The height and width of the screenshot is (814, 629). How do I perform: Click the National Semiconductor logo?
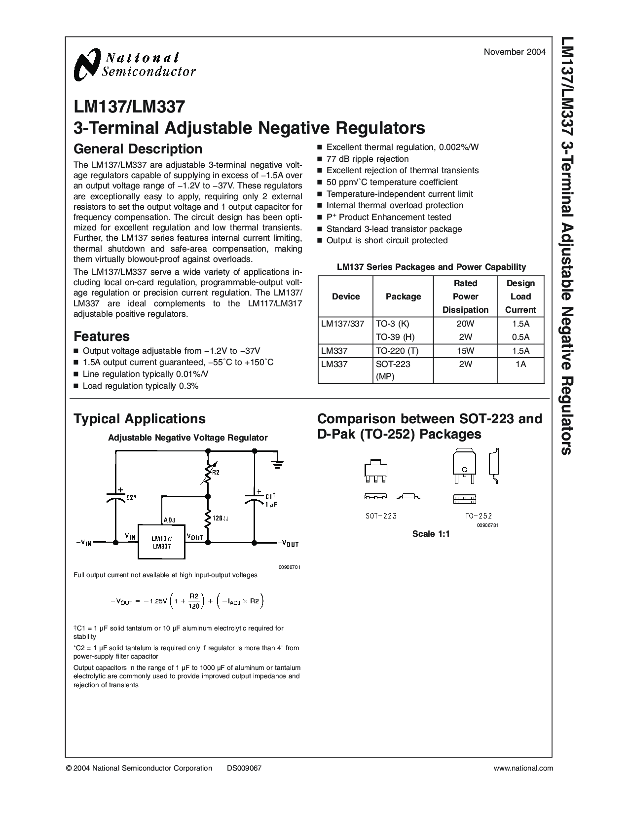click(x=134, y=65)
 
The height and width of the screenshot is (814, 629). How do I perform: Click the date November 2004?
click(x=514, y=52)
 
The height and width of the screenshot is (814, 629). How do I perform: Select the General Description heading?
click(x=138, y=149)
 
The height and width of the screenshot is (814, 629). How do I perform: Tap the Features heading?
click(x=102, y=336)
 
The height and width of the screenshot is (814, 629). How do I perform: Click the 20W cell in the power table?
click(x=465, y=324)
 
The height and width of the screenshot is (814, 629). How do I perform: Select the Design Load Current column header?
click(x=520, y=296)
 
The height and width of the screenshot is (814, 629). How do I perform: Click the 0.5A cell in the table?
click(x=520, y=337)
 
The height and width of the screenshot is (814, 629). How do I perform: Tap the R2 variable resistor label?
click(x=216, y=473)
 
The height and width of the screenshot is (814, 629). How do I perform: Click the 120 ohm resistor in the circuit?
click(x=208, y=519)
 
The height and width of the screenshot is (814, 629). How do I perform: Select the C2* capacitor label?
click(x=131, y=498)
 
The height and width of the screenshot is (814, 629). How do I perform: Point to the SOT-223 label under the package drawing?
click(x=381, y=516)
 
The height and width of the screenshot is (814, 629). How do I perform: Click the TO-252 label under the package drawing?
click(x=478, y=516)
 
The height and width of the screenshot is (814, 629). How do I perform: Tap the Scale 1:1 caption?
click(x=431, y=534)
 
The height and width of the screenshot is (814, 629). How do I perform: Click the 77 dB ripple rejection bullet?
click(x=368, y=159)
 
